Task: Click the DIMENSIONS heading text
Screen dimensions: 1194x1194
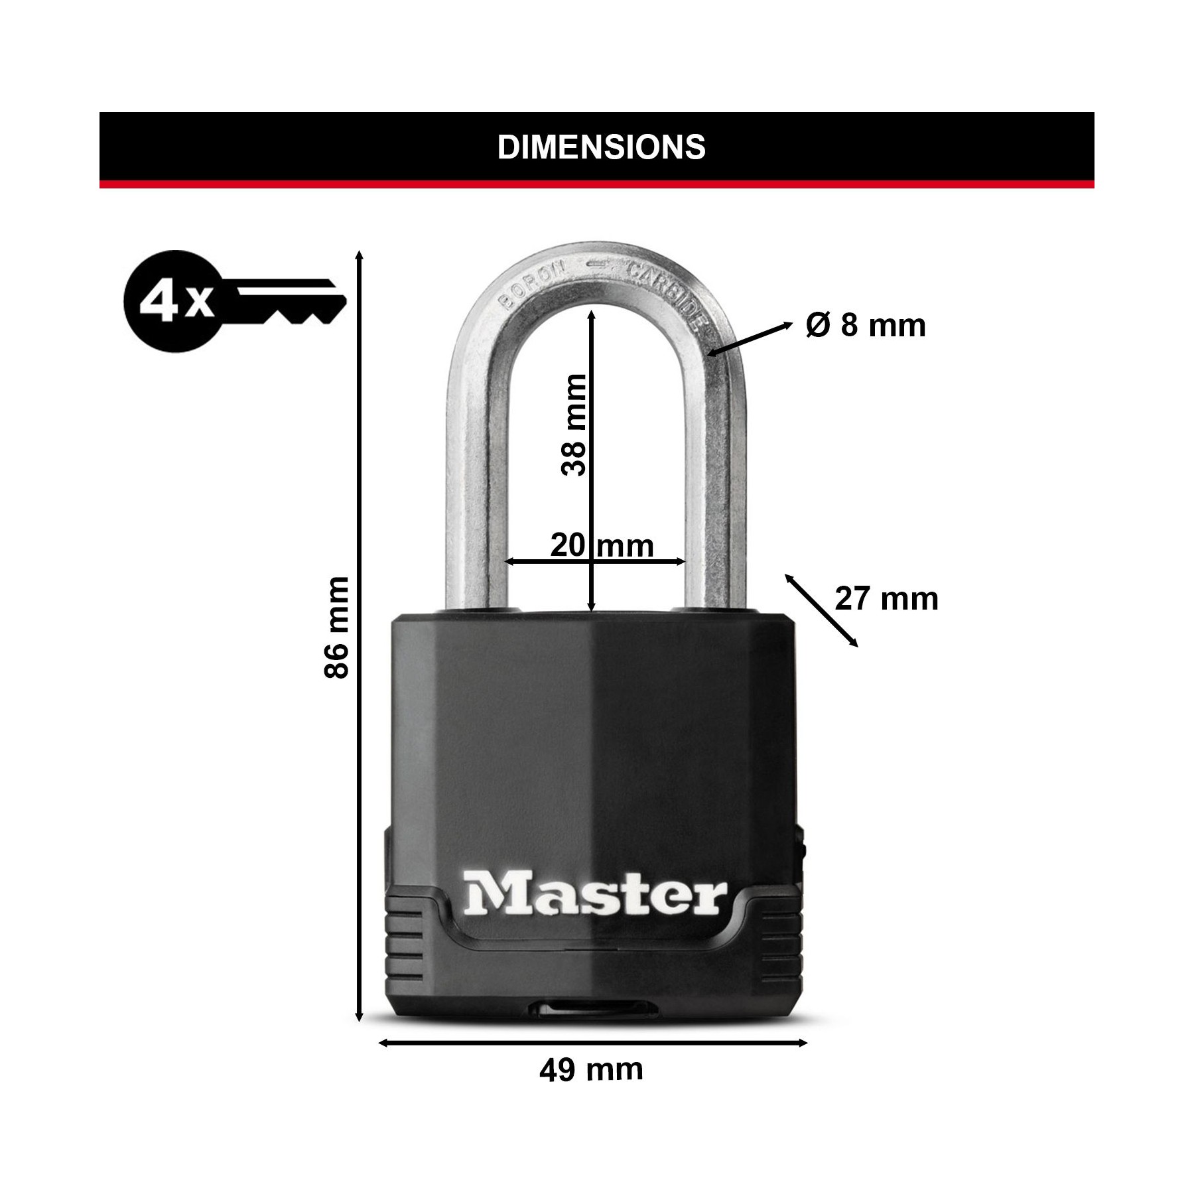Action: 602,147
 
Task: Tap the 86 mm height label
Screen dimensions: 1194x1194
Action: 336,628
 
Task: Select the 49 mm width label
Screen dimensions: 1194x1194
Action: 591,1089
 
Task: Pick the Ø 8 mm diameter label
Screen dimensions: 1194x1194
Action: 866,325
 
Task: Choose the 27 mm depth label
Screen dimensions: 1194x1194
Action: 886,599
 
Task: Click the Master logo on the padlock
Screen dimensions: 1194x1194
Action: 595,895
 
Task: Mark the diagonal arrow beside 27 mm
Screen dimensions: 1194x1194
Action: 822,610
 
